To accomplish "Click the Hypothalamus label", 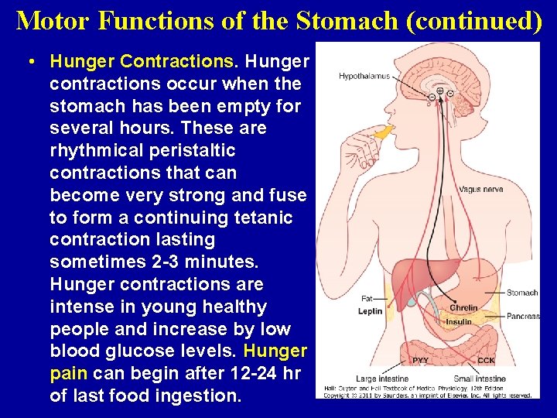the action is coord(364,76).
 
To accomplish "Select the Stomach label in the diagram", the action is coord(522,293).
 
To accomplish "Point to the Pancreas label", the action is coord(524,316).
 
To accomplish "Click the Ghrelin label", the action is coord(463,307).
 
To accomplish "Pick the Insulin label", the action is coord(459,321).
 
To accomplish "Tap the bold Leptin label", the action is coord(370,311).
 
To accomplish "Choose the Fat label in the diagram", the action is coord(367,298).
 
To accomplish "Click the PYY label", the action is coord(420,360).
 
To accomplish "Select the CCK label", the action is coord(486,360).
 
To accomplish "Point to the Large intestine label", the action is coord(382,379).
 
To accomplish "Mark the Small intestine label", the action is coord(480,379).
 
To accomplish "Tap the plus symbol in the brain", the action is coord(440,91).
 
